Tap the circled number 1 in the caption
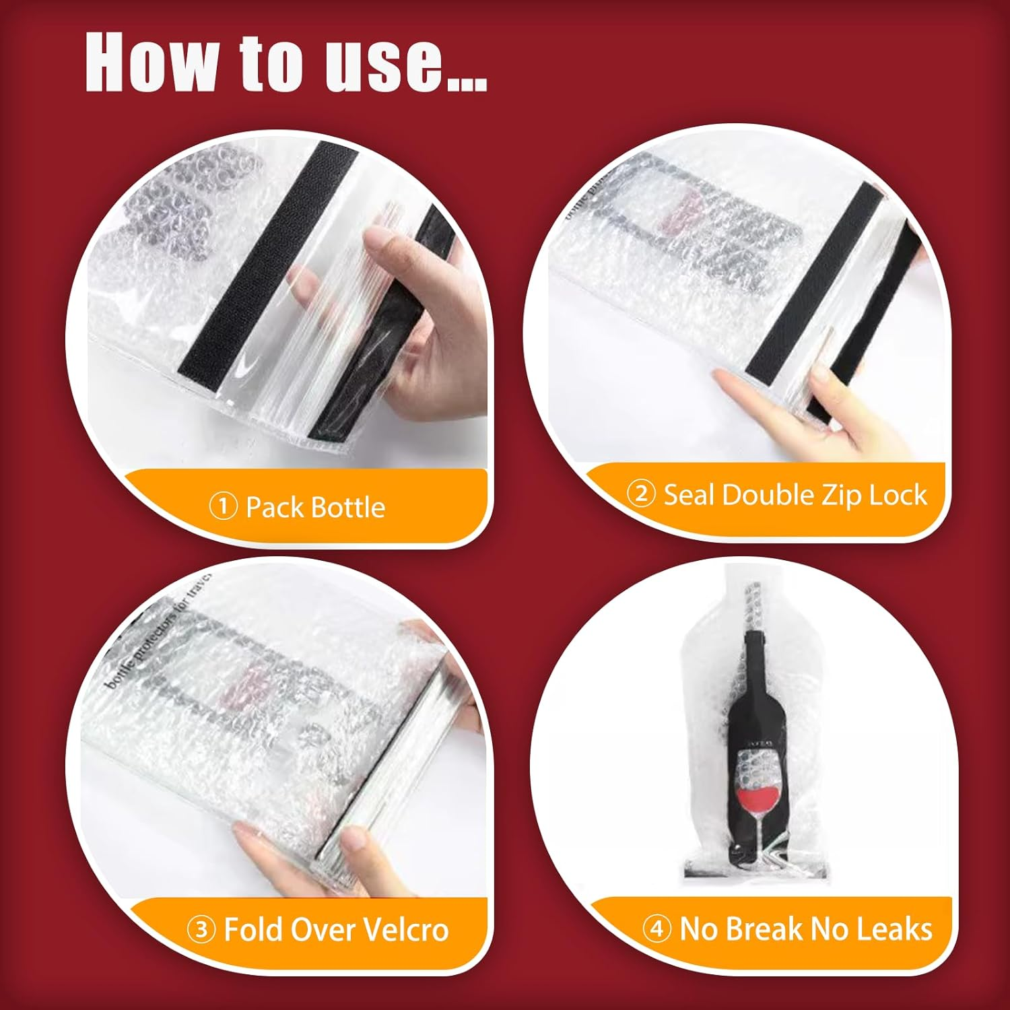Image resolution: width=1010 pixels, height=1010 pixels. coord(223,506)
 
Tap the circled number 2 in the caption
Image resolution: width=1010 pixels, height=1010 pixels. coord(641,494)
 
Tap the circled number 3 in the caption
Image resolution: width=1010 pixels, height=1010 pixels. coord(201,930)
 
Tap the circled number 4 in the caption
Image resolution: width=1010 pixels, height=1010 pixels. coord(656,929)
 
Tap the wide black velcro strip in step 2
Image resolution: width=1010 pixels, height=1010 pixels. coord(815,283)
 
